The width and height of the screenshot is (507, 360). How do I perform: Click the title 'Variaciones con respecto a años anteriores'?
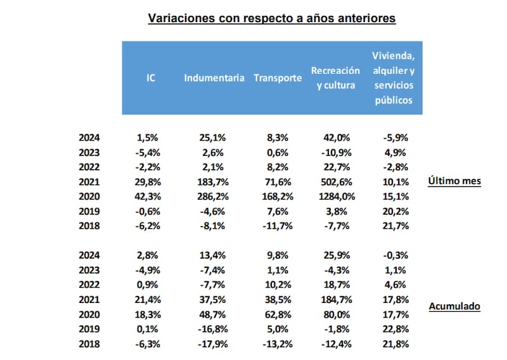tap(272, 18)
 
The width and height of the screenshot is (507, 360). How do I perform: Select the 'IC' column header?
tap(151, 79)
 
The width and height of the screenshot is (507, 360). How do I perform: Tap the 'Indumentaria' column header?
tap(214, 79)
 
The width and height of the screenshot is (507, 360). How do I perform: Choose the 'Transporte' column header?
tap(278, 79)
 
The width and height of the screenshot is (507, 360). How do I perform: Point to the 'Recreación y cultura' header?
tap(335, 79)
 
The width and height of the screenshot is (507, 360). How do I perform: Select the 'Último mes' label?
tap(454, 181)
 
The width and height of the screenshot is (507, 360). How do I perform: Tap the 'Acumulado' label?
tap(454, 307)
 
